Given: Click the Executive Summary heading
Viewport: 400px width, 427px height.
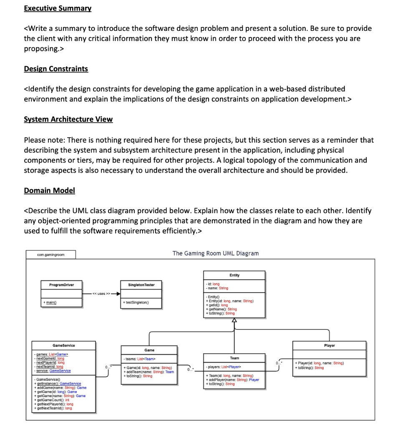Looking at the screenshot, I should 58,8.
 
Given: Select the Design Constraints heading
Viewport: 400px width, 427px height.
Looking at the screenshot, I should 56,69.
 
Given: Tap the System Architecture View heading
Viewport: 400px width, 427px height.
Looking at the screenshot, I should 68,119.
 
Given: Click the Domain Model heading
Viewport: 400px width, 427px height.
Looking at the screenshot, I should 49,191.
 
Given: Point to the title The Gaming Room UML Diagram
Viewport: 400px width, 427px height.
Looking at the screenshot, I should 216,253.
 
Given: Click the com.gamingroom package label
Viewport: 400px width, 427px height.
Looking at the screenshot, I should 45,254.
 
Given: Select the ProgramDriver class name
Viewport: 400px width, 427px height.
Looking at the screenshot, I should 62,285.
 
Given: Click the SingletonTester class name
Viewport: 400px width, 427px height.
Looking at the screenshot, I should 141,285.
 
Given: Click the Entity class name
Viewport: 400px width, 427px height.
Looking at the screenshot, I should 234,275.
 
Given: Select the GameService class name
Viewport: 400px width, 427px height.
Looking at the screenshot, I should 63,345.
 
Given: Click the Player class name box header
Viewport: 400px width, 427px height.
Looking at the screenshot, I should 329,345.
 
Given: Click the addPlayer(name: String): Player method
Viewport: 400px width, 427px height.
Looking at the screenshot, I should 234,380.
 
